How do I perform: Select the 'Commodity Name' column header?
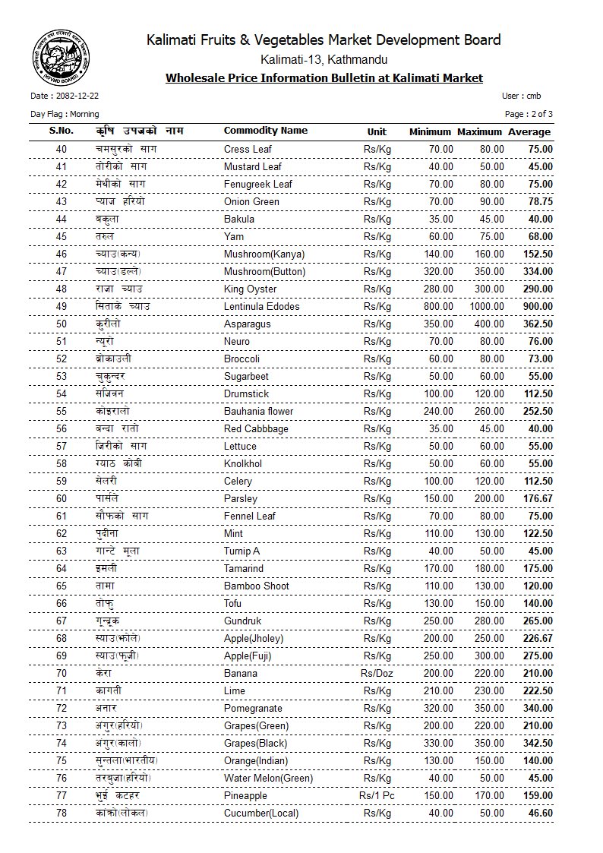tap(265, 131)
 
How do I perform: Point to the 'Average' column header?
tap(529, 131)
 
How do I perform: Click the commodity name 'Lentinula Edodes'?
tap(261, 306)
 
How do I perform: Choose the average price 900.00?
tap(537, 306)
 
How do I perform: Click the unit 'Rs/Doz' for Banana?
tap(377, 673)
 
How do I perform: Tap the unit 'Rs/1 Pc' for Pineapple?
tap(377, 795)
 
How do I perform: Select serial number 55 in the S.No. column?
tap(62, 411)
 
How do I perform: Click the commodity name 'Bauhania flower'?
tap(258, 411)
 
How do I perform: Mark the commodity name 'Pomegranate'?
tap(253, 708)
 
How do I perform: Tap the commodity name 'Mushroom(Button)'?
tap(264, 271)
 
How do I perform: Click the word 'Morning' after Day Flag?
tap(84, 114)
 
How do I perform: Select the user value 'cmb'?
tap(533, 96)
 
